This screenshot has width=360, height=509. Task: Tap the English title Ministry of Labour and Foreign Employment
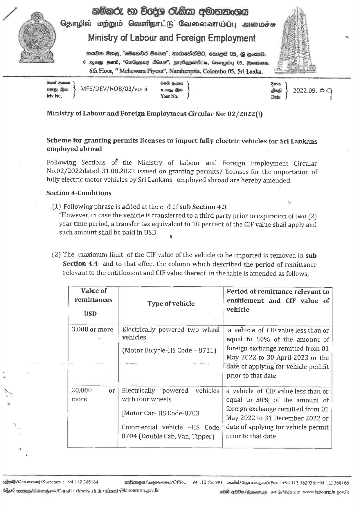(172, 38)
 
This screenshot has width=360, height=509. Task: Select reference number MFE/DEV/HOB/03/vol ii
(114, 89)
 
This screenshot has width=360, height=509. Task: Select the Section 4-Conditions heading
(79, 193)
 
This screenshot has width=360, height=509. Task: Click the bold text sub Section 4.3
(203, 207)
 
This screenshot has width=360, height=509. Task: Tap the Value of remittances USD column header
(93, 302)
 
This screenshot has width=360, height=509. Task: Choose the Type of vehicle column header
(171, 304)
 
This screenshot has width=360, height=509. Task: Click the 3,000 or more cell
(93, 329)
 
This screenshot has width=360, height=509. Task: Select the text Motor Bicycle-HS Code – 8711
(169, 350)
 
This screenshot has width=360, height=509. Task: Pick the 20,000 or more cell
(93, 395)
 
